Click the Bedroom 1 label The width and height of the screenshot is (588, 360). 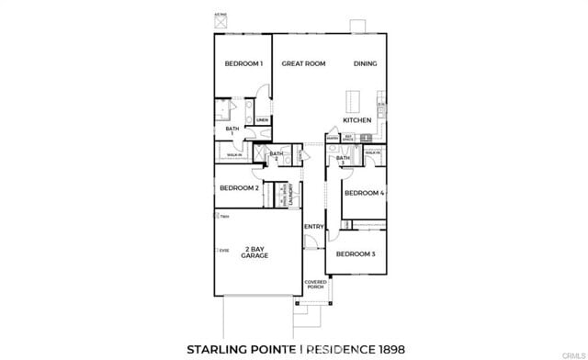click(244, 63)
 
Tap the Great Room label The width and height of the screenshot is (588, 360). click(303, 63)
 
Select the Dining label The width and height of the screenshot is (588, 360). click(366, 63)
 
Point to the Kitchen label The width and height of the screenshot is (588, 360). click(356, 120)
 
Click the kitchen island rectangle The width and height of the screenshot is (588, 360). click(351, 100)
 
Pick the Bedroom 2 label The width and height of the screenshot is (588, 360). click(238, 188)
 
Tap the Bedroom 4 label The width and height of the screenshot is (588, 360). click(363, 193)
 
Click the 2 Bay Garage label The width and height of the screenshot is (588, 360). click(254, 253)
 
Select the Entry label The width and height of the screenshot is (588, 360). click(313, 226)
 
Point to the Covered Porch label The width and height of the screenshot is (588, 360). click(315, 285)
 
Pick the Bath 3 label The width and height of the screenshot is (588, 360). click(343, 160)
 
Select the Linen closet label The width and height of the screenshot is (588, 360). click(262, 120)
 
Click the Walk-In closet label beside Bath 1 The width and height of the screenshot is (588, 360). click(234, 155)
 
